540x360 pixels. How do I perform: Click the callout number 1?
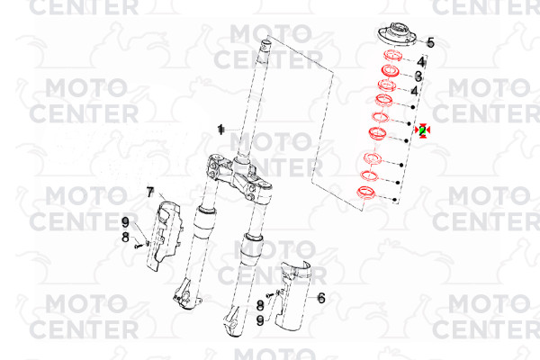[220, 130]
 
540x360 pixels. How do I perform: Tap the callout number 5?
[430, 43]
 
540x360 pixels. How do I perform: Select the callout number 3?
[418, 76]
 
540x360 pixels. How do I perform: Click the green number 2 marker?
[423, 130]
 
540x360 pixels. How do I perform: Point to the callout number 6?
[321, 298]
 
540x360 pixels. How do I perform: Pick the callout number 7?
[149, 193]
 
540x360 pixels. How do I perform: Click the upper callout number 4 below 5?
[421, 62]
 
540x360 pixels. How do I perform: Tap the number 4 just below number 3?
[415, 91]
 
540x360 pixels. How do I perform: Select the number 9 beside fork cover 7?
[125, 222]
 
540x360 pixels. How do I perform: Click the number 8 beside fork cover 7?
[125, 238]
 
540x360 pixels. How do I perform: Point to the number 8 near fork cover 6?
[260, 305]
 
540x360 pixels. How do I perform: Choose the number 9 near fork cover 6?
[260, 320]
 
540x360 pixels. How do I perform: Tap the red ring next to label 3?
[391, 70]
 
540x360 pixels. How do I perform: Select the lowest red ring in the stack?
[365, 193]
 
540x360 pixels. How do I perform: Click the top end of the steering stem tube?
[265, 43]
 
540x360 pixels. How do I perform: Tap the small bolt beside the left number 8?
[139, 246]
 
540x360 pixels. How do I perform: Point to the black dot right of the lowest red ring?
[395, 200]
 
